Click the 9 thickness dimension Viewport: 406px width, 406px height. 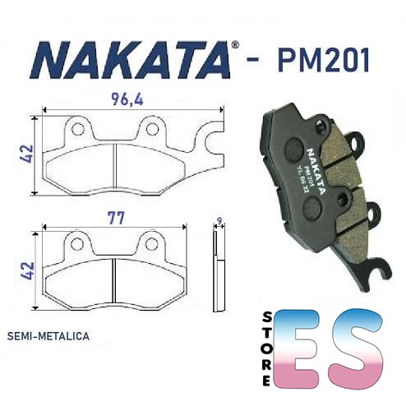click(x=218, y=220)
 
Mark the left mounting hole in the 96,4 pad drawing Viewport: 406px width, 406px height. click(x=79, y=128)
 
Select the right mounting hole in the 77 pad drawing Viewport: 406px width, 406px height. click(x=151, y=244)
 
